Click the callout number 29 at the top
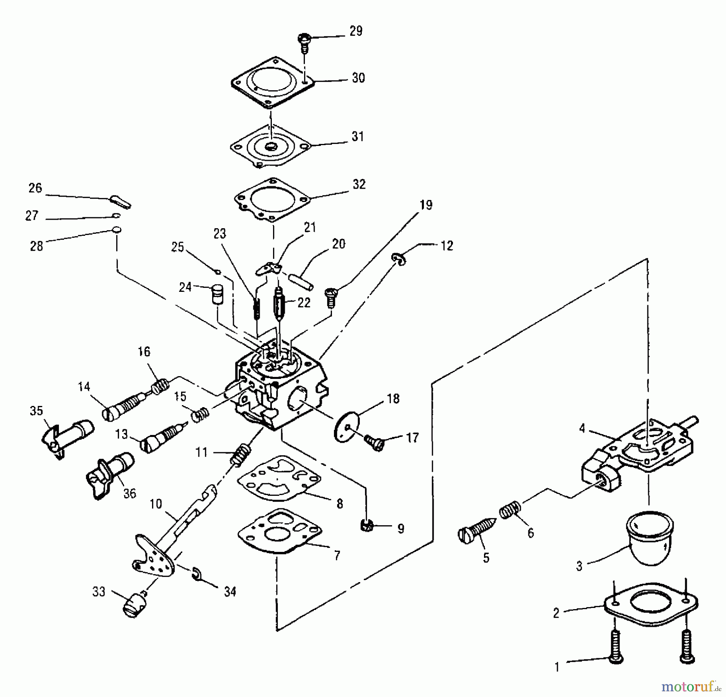tap(356, 31)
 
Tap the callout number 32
tap(359, 184)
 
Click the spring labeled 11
tap(240, 454)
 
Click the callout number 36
tap(129, 493)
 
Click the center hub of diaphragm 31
tap(271, 146)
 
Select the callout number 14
tap(84, 387)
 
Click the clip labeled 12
tap(399, 259)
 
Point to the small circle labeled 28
tap(117, 230)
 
